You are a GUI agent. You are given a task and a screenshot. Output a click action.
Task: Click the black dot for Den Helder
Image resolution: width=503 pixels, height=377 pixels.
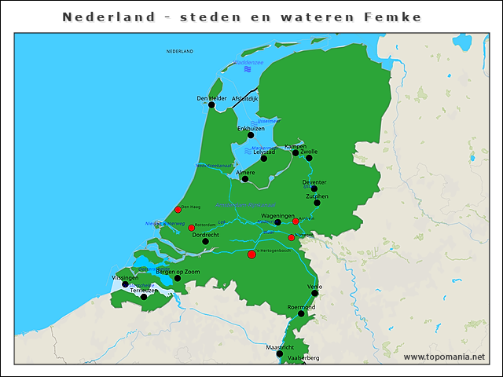point(211,104)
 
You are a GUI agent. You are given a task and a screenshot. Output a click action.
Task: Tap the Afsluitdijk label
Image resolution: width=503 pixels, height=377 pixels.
point(245,98)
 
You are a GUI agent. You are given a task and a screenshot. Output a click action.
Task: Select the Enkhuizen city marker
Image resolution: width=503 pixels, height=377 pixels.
point(251,135)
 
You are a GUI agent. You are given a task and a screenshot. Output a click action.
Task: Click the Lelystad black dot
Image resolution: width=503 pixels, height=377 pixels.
point(263,159)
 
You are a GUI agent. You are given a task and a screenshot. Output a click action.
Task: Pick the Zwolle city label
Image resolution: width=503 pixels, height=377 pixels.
point(309,151)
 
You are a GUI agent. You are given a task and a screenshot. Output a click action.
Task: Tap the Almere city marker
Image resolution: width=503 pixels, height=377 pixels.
point(245,179)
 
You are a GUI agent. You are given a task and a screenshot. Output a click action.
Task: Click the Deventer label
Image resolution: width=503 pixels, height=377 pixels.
point(314,182)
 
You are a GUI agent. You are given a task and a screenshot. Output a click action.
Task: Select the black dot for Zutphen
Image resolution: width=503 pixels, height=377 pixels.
point(317,203)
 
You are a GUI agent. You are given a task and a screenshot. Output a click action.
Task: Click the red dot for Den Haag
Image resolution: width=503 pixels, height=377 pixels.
point(178,210)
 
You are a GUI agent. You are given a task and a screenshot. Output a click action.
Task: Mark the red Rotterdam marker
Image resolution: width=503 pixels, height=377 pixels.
point(191,228)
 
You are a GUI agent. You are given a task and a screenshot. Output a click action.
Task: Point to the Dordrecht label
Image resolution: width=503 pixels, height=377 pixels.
point(205,234)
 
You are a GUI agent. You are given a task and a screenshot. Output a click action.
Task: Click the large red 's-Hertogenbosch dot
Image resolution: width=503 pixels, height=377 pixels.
point(251,254)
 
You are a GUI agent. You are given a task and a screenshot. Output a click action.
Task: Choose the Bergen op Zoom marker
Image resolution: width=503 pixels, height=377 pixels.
point(178,277)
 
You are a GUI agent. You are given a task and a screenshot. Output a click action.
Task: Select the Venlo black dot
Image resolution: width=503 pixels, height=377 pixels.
point(315,293)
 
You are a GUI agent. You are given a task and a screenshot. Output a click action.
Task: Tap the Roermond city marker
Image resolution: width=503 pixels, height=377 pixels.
point(301,313)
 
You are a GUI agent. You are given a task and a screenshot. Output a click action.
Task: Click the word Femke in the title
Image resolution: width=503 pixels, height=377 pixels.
point(392,16)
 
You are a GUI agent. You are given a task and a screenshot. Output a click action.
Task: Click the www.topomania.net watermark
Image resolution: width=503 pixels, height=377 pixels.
point(444,357)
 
